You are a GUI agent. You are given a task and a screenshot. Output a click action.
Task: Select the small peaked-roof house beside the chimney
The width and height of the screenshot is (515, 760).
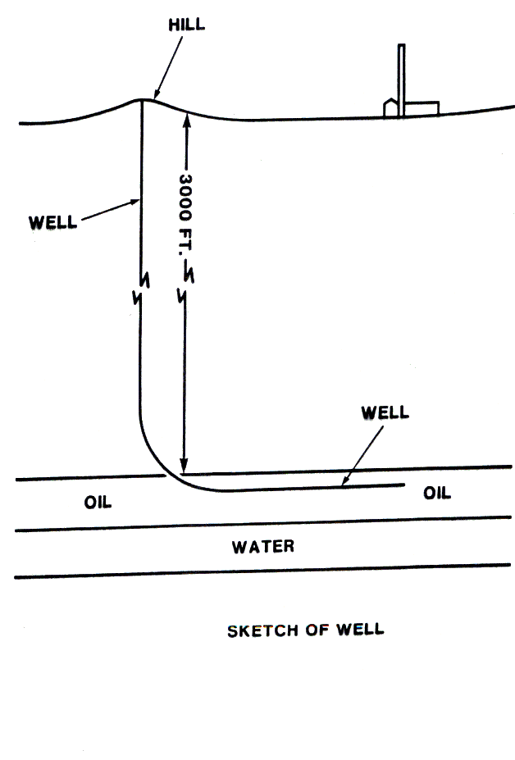coord(391,107)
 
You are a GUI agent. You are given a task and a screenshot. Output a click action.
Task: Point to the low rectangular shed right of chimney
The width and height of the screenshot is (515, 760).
coord(422,108)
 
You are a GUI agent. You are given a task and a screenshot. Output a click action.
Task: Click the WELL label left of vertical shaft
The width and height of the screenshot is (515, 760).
coord(52,222)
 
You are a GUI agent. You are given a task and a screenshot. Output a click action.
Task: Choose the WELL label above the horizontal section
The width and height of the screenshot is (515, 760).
coord(384,412)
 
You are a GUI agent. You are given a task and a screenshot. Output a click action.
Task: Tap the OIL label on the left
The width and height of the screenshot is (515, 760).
coord(97,503)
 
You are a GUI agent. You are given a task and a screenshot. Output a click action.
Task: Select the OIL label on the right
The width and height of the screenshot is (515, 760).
coord(436,493)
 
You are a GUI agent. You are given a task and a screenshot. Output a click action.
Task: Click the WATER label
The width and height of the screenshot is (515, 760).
coord(262,546)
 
